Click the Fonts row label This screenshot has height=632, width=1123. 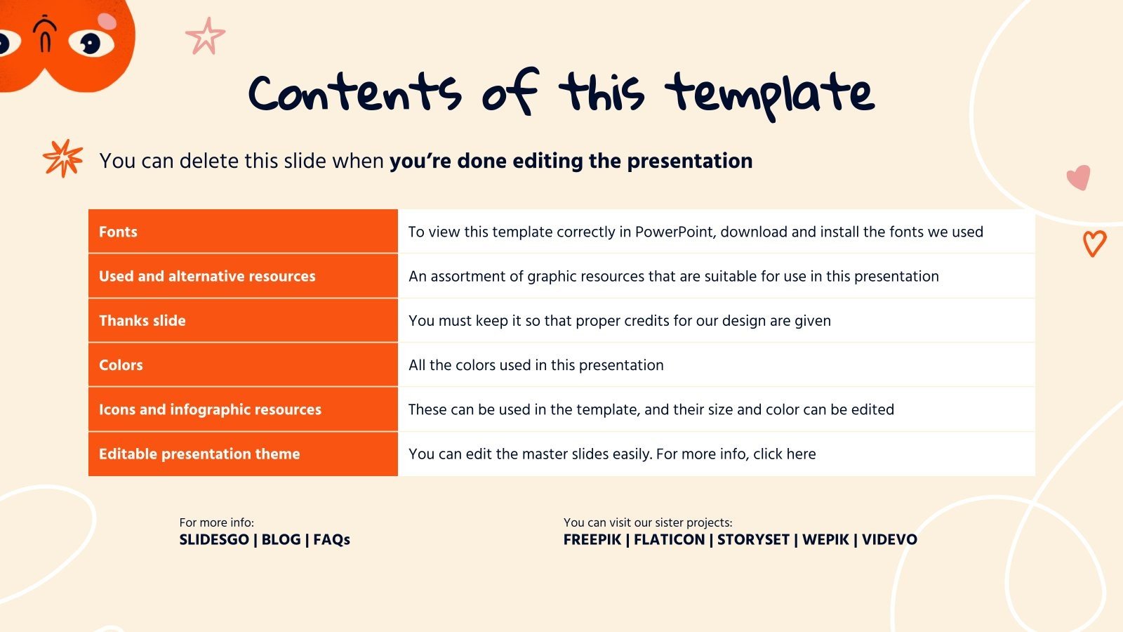click(118, 232)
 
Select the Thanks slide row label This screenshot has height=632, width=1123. click(142, 320)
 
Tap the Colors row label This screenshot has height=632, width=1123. click(121, 365)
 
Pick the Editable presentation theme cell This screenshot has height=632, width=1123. click(199, 454)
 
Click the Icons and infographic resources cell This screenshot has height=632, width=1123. click(210, 409)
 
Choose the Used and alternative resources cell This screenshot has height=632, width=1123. click(207, 276)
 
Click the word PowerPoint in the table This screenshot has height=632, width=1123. click(674, 232)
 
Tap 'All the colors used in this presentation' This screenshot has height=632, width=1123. click(536, 365)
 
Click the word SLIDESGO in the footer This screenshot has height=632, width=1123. click(214, 539)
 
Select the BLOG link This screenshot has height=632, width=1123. click(281, 539)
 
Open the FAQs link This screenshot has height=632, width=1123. click(331, 539)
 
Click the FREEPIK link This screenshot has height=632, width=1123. click(592, 539)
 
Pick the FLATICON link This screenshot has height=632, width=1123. click(669, 539)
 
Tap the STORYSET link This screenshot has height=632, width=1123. click(753, 539)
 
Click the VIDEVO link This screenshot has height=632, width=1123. click(889, 539)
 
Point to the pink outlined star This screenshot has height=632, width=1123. click(206, 37)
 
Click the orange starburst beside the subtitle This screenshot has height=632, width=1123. click(63, 158)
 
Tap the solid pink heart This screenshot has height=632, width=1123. click(1079, 177)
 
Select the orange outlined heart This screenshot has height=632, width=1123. click(1094, 243)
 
